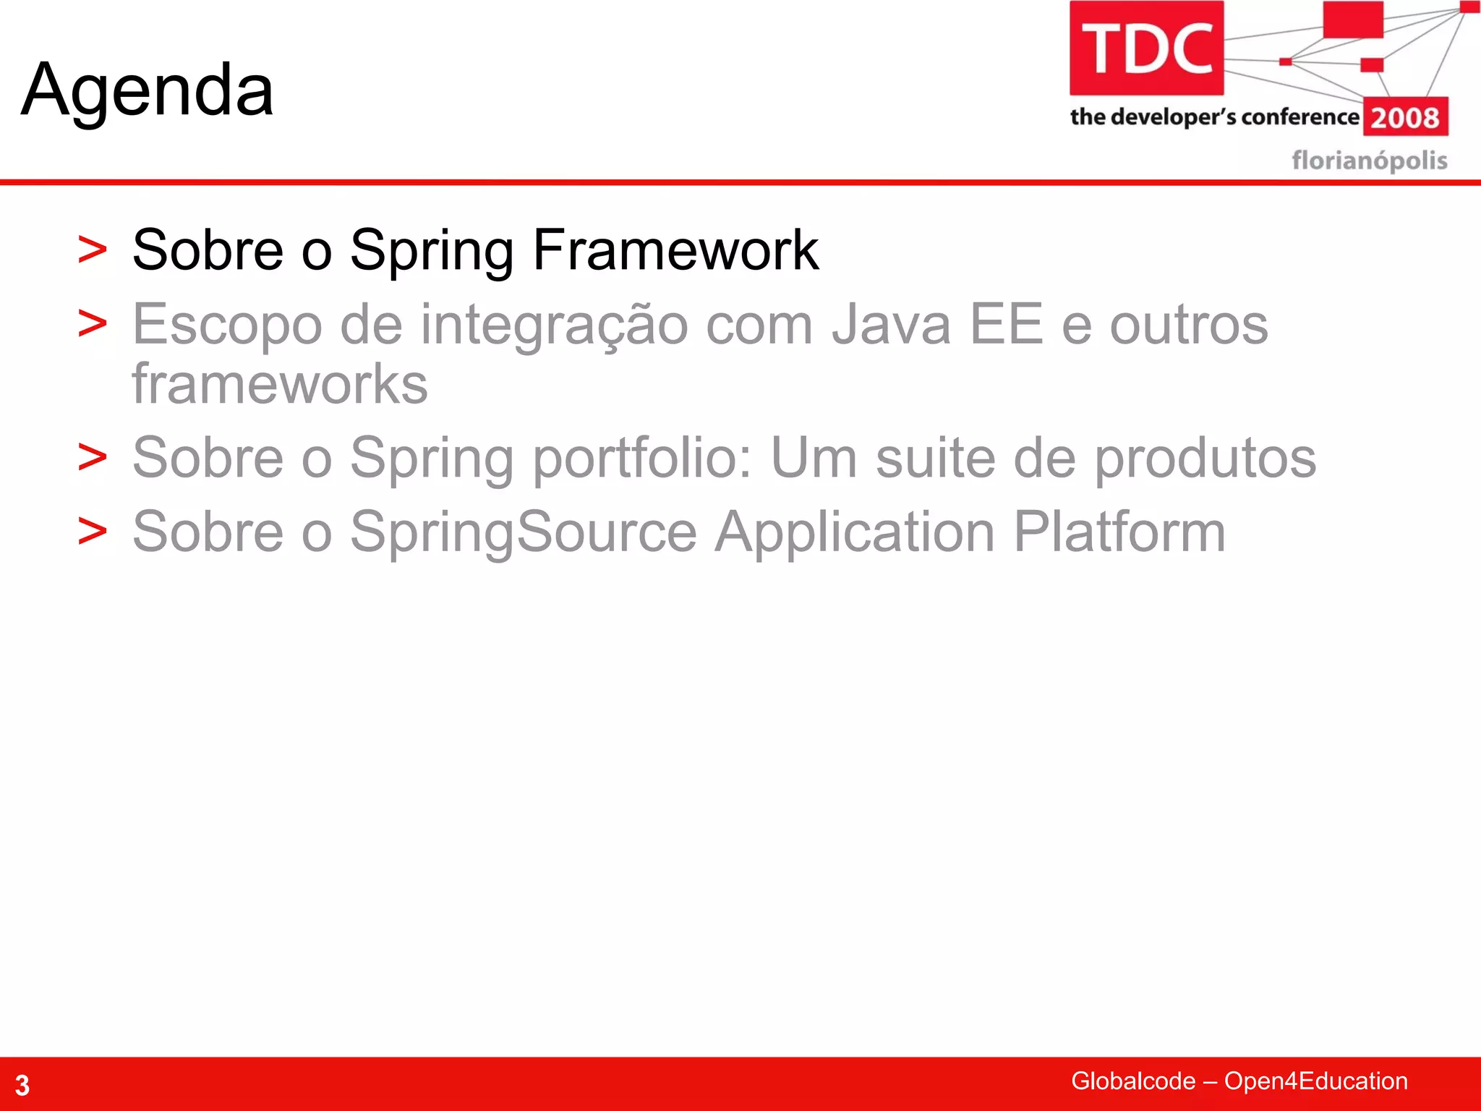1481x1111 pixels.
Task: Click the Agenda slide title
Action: [x=148, y=90]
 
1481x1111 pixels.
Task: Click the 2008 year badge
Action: [x=1405, y=117]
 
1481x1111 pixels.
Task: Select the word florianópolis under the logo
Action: [x=1369, y=160]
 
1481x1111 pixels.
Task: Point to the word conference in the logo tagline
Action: [x=1299, y=116]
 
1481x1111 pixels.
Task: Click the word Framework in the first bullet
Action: [x=675, y=250]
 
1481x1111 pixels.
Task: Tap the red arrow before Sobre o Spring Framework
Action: [x=93, y=250]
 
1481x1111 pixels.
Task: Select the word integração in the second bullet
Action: [x=554, y=325]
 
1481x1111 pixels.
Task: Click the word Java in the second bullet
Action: [x=891, y=325]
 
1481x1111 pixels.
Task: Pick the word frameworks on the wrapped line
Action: [x=280, y=384]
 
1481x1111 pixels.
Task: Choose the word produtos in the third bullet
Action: [x=1205, y=458]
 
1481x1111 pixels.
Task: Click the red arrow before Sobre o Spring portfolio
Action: [x=93, y=458]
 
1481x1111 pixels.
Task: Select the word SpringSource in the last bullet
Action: [x=524, y=532]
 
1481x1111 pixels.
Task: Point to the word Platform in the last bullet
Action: [x=1119, y=532]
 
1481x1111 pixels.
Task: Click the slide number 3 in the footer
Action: [x=22, y=1085]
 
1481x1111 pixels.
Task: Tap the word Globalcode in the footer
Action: [x=1132, y=1081]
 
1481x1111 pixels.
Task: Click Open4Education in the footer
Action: [x=1315, y=1081]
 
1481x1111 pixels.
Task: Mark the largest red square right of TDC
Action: [x=1353, y=20]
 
